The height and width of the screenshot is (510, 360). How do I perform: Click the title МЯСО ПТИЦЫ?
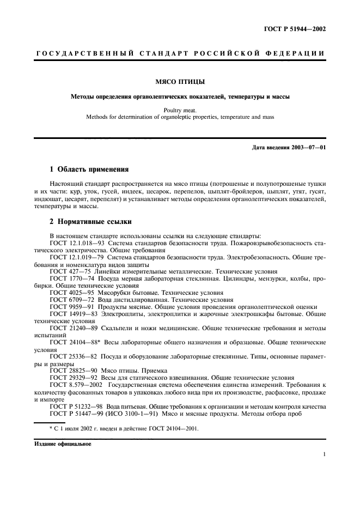tap(180, 82)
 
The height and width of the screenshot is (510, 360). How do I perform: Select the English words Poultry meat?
tap(180, 110)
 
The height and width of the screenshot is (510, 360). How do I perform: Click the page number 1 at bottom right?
tap(324, 454)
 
